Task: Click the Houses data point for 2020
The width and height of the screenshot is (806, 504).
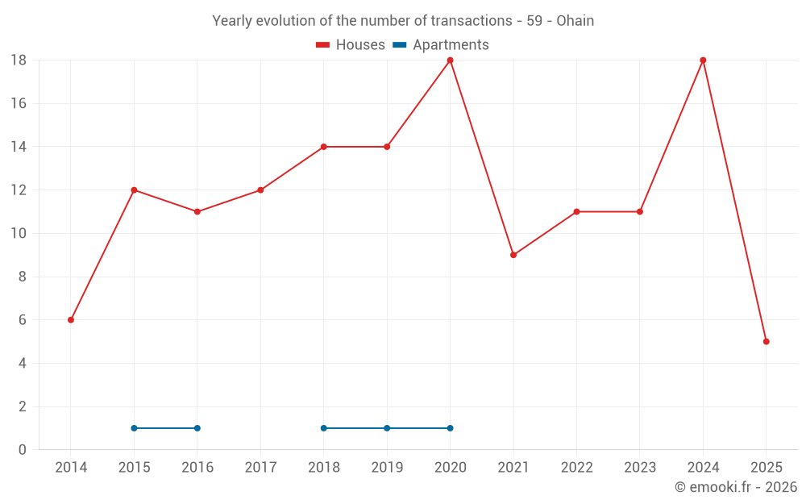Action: (x=450, y=60)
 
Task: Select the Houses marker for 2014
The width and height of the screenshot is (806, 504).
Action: (x=71, y=320)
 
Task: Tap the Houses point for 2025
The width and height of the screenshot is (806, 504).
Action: (x=766, y=342)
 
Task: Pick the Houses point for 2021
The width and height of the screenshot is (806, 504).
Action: (x=513, y=255)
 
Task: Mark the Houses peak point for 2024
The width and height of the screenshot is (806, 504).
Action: (x=703, y=60)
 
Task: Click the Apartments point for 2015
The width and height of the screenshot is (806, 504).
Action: (x=134, y=428)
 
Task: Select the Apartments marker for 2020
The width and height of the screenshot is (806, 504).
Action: (x=450, y=428)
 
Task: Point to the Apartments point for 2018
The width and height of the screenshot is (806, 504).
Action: (x=324, y=428)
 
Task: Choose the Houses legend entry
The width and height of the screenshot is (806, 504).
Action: (x=351, y=45)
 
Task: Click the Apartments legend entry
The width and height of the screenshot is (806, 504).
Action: (x=441, y=45)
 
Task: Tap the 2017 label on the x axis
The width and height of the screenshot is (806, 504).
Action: (x=260, y=468)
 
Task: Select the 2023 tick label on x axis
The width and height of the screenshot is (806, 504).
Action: (x=640, y=468)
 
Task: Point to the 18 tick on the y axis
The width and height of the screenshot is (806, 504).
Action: (x=19, y=60)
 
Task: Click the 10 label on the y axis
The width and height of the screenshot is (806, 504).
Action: (x=19, y=234)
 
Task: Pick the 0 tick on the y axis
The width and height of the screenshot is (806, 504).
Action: (x=23, y=450)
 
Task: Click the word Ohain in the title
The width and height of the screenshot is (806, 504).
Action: (x=575, y=21)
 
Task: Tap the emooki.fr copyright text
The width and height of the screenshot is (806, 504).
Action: (x=736, y=487)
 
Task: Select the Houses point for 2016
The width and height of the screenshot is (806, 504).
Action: (x=197, y=212)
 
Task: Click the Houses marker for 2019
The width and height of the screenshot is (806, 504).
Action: (x=387, y=147)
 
